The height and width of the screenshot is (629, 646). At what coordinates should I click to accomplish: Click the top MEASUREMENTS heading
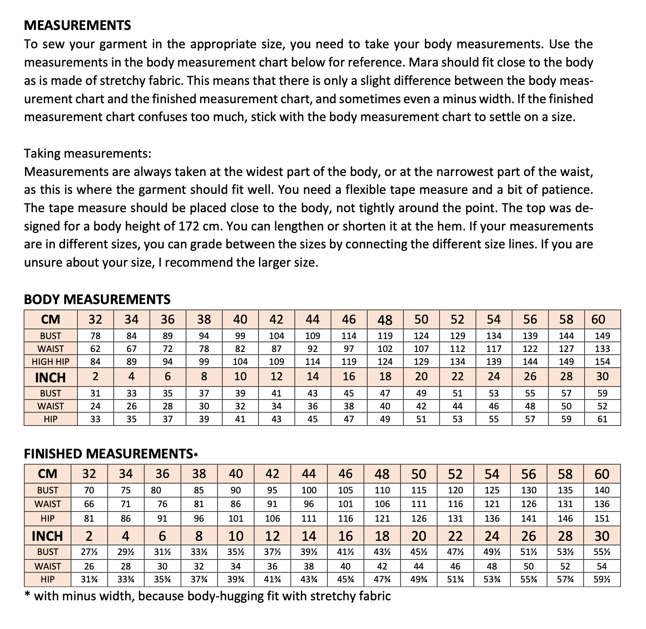point(77,25)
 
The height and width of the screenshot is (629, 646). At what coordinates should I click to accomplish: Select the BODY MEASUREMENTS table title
point(97,300)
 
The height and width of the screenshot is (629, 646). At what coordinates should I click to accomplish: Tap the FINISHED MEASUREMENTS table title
point(109,454)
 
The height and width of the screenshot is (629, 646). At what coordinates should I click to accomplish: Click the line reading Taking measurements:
point(87,154)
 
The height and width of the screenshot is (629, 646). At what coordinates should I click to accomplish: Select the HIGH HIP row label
point(51,362)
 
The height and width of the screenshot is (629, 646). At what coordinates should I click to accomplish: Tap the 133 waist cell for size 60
point(602,349)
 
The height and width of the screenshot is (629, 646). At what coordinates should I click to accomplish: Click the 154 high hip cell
point(602,362)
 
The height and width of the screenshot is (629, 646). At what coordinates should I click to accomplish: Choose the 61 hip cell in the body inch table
point(602,419)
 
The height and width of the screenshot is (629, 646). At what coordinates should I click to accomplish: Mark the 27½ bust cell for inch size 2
point(89,552)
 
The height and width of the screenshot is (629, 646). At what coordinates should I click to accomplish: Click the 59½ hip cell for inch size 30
point(602,579)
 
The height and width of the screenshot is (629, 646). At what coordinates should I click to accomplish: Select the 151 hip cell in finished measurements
point(602,518)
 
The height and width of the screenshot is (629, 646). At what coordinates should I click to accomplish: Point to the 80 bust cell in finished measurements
point(156,490)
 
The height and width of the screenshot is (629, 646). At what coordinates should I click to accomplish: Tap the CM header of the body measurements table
point(51,319)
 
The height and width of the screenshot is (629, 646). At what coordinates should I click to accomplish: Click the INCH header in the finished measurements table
point(47,536)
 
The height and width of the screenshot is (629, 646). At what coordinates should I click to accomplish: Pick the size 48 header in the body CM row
point(385,319)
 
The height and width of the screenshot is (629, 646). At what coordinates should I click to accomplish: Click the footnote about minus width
point(207,597)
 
